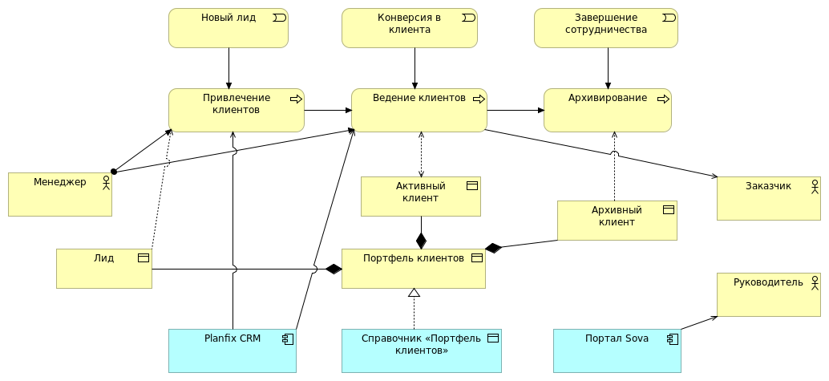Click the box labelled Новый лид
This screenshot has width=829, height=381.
click(228, 28)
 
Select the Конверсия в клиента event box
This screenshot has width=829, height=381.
click(409, 28)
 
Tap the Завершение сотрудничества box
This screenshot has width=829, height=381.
click(605, 28)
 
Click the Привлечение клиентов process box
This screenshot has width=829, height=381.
click(236, 110)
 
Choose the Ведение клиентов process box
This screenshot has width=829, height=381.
click(419, 110)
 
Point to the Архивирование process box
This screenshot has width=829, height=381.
click(607, 110)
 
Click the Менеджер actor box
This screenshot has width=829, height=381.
click(59, 194)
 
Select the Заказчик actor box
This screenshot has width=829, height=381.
click(768, 198)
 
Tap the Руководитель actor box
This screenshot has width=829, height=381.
click(768, 294)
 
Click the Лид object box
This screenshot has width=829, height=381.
click(103, 269)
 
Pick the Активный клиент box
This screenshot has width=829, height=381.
click(420, 197)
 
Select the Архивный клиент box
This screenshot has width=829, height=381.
click(617, 221)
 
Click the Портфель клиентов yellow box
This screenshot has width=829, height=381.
click(413, 269)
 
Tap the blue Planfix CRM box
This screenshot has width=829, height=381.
click(232, 351)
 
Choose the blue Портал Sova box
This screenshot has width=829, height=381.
click(617, 351)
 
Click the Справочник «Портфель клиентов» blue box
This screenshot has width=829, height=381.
click(421, 351)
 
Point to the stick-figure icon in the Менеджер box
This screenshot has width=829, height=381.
click(106, 183)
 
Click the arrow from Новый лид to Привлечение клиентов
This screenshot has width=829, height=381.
click(228, 68)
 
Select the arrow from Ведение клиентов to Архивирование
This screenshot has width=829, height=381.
click(515, 110)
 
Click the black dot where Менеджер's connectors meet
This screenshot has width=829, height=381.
click(114, 171)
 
